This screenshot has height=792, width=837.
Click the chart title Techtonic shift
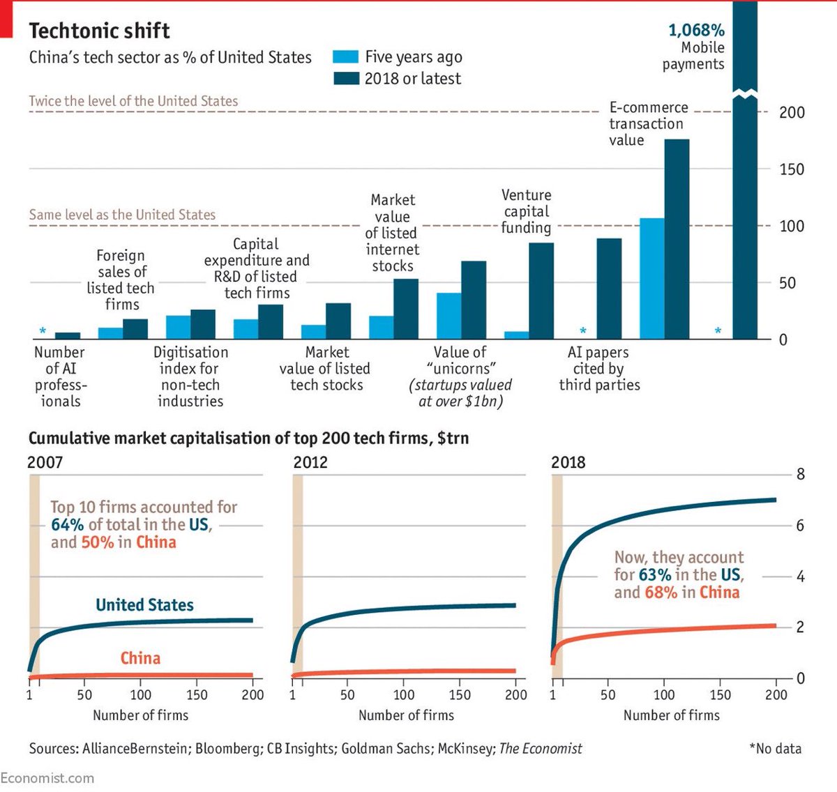99,31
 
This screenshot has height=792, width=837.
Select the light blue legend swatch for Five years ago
346,57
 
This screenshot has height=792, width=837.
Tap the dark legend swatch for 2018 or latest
346,78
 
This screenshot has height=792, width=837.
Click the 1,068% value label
696,31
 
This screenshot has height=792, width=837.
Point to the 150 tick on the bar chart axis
792,169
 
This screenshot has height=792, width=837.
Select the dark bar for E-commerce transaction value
677,239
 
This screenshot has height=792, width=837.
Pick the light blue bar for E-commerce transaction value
651,279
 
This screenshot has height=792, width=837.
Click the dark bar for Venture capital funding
541,291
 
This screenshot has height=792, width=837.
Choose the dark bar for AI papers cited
609,289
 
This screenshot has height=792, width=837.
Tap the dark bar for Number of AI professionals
68,336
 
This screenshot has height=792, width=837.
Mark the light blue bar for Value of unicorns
448,316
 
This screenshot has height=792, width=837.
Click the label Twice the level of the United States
133,101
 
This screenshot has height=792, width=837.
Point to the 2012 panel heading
310,462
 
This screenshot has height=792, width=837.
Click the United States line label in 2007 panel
144,605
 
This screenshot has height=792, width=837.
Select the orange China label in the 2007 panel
140,658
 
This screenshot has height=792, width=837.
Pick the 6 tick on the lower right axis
801,526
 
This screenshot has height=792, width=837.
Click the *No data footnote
775,749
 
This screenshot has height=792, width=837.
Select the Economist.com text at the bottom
47,778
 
